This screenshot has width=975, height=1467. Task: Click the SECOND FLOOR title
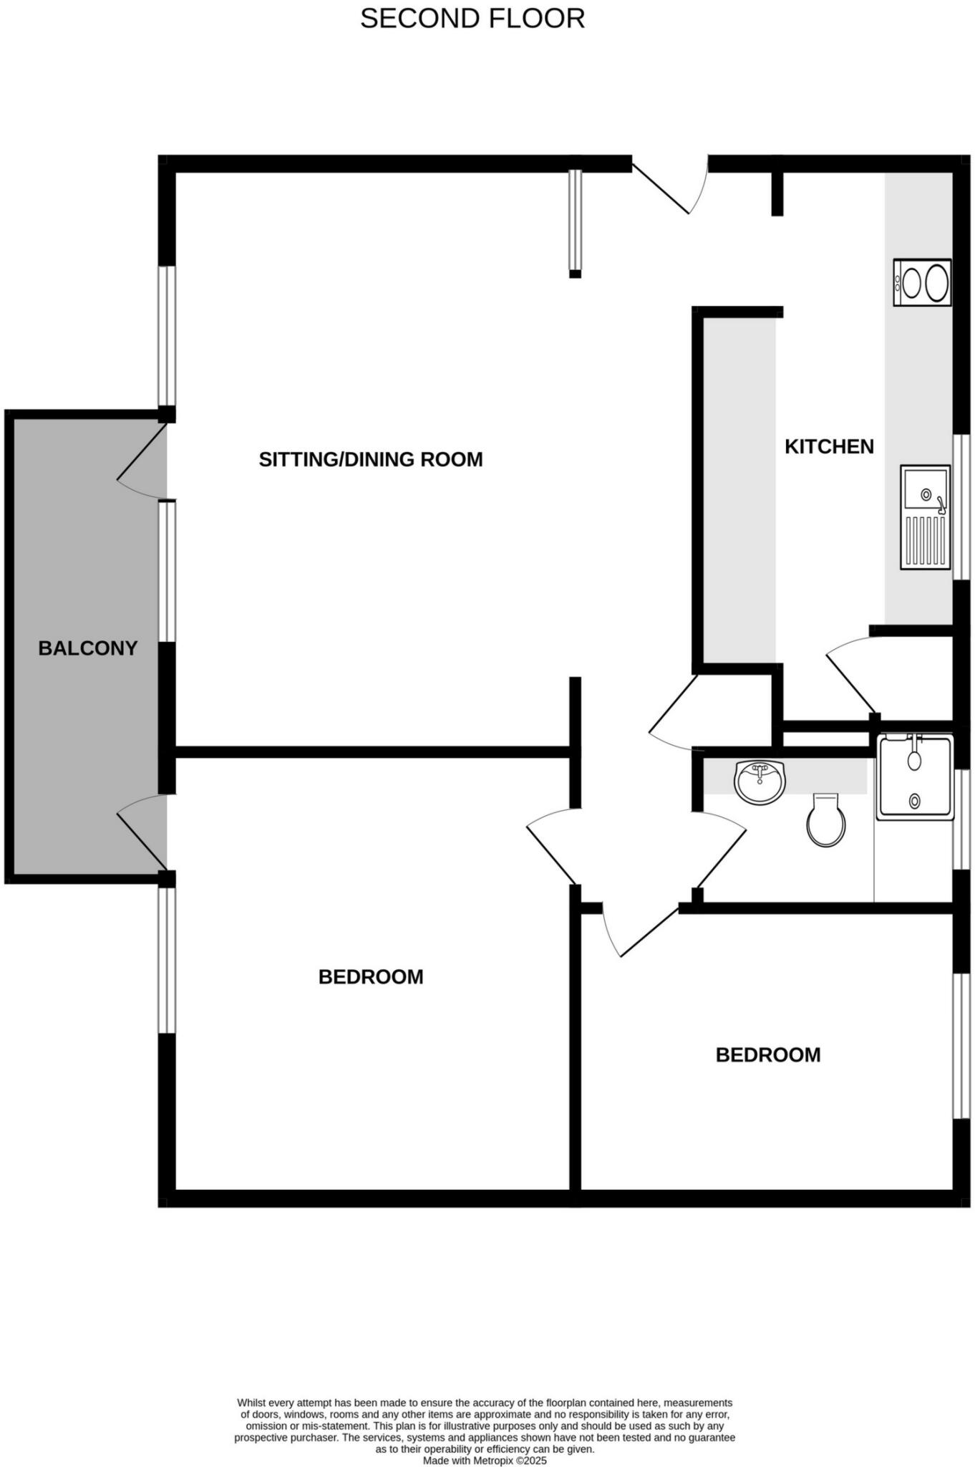tap(472, 19)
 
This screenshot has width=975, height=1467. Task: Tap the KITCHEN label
tap(829, 446)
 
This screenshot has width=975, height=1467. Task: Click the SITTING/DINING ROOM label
tap(371, 459)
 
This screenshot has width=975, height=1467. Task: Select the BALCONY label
tap(87, 648)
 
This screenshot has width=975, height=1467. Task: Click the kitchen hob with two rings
tap(922, 283)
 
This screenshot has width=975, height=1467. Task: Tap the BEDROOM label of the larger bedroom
tap(371, 977)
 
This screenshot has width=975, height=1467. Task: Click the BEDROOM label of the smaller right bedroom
tap(768, 1055)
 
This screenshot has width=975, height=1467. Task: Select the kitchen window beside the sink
tap(959, 506)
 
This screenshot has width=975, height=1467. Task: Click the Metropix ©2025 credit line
tap(485, 1461)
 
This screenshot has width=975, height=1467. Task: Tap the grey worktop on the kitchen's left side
tap(739, 491)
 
